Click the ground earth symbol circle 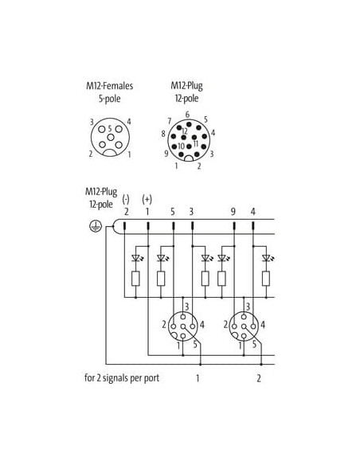[x=96, y=227]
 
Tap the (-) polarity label [x=126, y=199]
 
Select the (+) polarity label [x=147, y=199]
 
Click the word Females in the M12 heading [x=118, y=86]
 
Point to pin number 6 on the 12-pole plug [x=187, y=115]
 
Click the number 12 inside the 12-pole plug [x=185, y=131]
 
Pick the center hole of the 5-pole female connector [x=111, y=137]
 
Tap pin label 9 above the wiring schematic [x=233, y=212]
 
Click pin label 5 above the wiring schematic [x=173, y=212]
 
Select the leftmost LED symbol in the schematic [x=136, y=258]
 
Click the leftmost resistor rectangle [x=135, y=279]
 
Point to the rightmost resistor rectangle [x=266, y=279]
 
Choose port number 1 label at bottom [x=198, y=378]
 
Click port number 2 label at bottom [x=259, y=378]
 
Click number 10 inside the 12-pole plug [x=181, y=147]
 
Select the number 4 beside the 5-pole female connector [x=129, y=122]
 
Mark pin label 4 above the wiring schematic [x=252, y=212]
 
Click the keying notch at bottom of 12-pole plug [x=189, y=158]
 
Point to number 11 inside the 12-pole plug [x=196, y=143]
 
